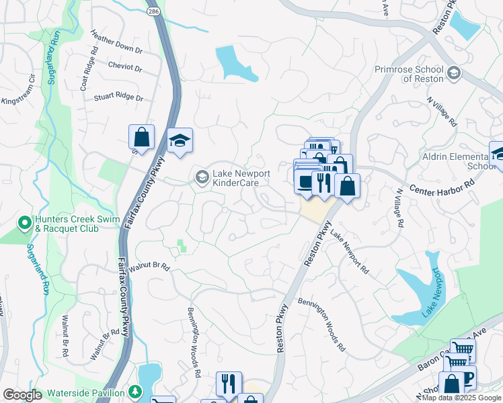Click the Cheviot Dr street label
click(x=125, y=67)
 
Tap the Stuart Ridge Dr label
click(x=119, y=97)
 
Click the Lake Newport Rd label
click(x=350, y=253)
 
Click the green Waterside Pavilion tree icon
click(x=135, y=391)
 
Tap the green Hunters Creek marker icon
click(x=24, y=222)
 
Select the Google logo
click(x=22, y=395)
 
